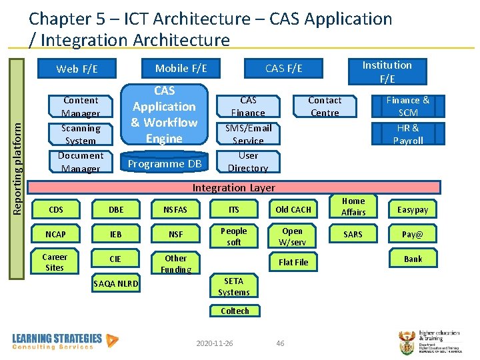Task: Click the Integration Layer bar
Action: coord(233,187)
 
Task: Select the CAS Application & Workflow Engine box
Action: coord(164,115)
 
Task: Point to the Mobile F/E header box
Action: coord(181,67)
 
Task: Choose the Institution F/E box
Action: coord(387,71)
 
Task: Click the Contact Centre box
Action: coord(325,106)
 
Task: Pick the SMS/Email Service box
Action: coord(248,134)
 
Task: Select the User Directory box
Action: coord(248,161)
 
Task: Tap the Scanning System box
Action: coord(81,134)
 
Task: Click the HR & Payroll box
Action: coord(408,134)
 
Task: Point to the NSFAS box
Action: coord(175,209)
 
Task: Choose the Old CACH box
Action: coord(293,209)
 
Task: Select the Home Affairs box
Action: coord(353,206)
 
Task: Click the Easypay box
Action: coord(413,209)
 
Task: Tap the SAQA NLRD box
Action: coord(116,284)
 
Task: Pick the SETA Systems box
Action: coord(234,287)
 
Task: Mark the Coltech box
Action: coord(235,311)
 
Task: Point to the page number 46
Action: coord(280,343)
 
